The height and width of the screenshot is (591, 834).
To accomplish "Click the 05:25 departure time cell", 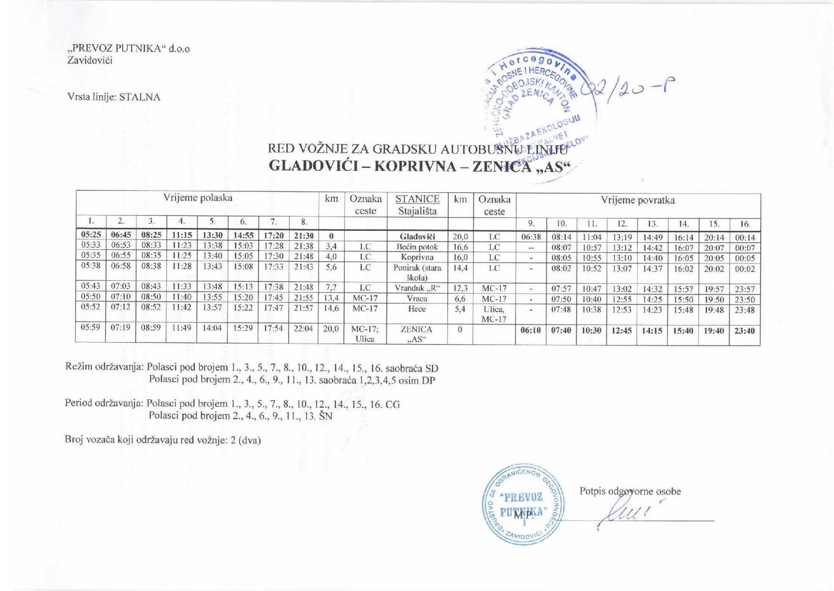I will (91, 235).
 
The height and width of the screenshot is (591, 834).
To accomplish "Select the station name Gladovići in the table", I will (417, 236).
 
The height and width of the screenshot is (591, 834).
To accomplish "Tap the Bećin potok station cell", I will (417, 247).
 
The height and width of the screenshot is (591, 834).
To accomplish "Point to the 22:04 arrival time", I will (303, 328).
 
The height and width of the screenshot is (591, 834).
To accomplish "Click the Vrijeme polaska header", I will (198, 198).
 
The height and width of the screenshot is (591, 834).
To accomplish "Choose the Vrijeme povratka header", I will (638, 200).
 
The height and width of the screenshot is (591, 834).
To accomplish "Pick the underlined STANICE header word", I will (417, 199).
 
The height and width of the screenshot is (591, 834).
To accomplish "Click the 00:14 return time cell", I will (745, 237).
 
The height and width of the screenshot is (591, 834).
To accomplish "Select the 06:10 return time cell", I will (531, 330).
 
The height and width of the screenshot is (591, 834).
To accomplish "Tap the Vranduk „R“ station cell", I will (417, 288).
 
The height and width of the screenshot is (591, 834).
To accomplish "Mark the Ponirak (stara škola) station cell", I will (417, 272).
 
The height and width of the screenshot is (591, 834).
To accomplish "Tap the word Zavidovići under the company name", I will (90, 60).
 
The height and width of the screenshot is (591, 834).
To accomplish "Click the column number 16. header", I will (745, 224).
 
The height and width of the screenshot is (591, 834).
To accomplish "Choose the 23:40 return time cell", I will (745, 330).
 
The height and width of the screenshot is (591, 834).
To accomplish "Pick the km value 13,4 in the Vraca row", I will (331, 298).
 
